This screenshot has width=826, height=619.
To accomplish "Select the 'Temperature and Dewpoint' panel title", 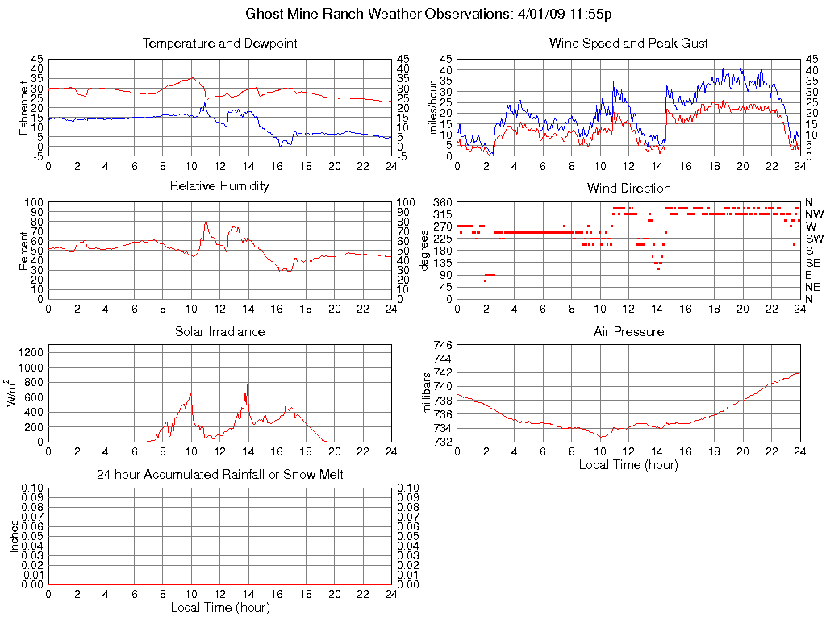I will pyautogui.click(x=219, y=43).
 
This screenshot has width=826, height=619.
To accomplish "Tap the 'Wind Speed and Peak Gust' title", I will pyautogui.click(x=628, y=43).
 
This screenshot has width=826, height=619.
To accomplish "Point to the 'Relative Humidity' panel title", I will pyautogui.click(x=219, y=186).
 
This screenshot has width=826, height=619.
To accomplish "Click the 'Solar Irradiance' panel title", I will pyautogui.click(x=219, y=331).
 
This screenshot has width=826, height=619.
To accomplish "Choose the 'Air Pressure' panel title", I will pyautogui.click(x=628, y=331).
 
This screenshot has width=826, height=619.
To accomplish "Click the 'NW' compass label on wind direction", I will pyautogui.click(x=814, y=214).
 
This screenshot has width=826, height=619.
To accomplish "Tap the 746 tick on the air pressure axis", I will pyautogui.click(x=443, y=344).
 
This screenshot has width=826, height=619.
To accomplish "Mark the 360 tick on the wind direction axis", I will pyautogui.click(x=440, y=201).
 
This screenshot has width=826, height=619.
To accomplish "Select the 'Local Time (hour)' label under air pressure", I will pyautogui.click(x=628, y=464).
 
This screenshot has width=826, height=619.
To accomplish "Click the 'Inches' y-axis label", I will pyautogui.click(x=14, y=536).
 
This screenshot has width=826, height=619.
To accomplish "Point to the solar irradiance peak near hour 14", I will pyautogui.click(x=247, y=385).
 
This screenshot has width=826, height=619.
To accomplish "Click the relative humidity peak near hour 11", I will pyautogui.click(x=206, y=222).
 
